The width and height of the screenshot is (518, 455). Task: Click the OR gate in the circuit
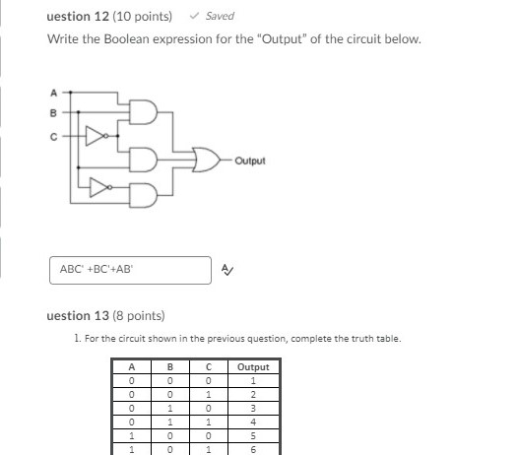point(207,160)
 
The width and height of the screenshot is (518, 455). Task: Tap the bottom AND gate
point(142,196)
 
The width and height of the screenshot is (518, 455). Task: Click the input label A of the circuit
point(54,92)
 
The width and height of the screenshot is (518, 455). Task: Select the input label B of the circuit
point(54,113)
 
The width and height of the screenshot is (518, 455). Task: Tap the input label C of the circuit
point(54,137)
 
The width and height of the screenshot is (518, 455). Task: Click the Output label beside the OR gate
point(250,160)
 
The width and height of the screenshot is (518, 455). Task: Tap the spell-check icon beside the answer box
point(227,269)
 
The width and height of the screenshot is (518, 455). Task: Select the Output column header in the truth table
point(252,367)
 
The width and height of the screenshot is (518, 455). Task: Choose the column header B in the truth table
point(169,367)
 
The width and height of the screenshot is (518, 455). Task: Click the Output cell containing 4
point(252,421)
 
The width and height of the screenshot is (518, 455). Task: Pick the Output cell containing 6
point(252,448)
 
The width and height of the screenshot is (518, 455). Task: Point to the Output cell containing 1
point(252,380)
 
